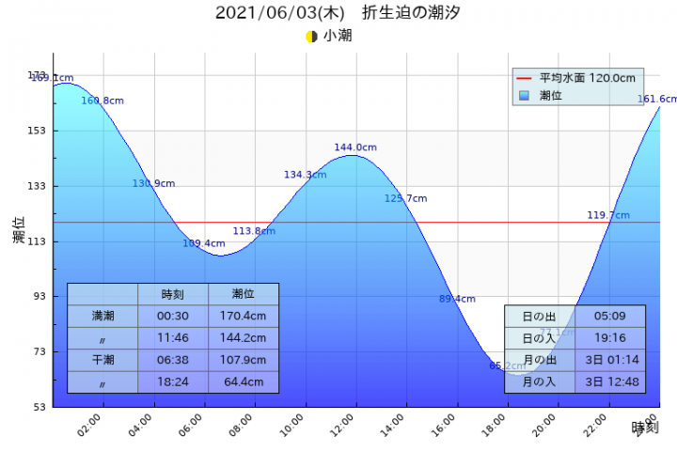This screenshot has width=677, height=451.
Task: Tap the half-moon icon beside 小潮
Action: point(311,37)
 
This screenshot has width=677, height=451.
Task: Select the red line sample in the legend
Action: point(524,78)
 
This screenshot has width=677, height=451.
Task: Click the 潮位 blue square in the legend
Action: point(524,95)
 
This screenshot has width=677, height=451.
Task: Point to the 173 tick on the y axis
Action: point(37,75)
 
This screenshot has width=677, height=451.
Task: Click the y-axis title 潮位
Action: point(19,230)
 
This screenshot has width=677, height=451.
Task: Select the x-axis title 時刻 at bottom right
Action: point(644,428)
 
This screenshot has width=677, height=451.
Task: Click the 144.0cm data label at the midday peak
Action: point(355,148)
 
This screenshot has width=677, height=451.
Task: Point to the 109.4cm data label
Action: point(204,243)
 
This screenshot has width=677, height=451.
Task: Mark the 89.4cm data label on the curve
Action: point(457,299)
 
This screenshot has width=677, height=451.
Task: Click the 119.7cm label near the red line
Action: point(608,215)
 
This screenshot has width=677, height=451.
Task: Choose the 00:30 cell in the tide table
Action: point(172,316)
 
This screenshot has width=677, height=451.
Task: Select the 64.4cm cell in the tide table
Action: point(243,382)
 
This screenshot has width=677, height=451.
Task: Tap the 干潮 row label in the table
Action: point(102,360)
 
